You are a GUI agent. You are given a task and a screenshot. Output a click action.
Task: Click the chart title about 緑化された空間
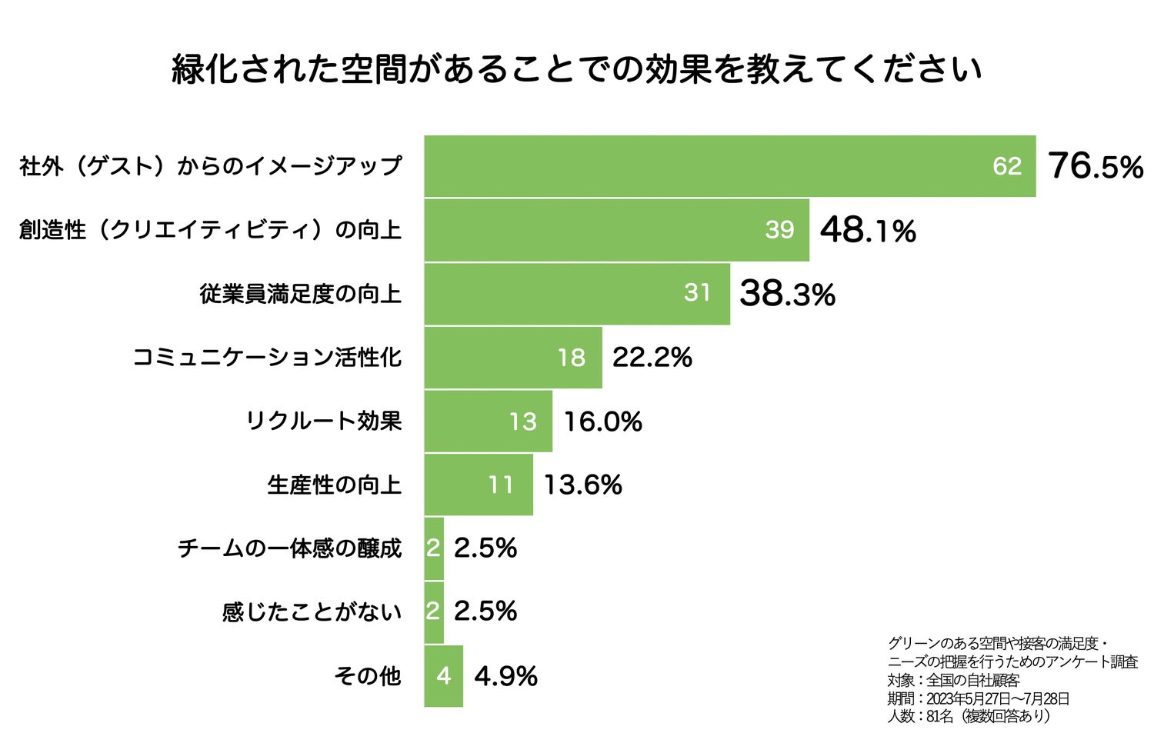577,69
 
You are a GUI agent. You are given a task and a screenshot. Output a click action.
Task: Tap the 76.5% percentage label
1095,166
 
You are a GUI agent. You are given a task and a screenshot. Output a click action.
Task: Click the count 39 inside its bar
779,230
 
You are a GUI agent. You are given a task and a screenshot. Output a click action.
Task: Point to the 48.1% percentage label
868,230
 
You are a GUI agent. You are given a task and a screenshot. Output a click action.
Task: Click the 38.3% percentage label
787,294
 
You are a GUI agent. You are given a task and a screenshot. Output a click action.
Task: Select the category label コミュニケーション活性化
267,358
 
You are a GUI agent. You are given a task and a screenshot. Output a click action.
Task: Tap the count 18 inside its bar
572,358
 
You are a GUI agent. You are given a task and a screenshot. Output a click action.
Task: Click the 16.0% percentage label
602,421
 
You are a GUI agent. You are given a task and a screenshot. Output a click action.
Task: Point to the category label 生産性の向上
334,485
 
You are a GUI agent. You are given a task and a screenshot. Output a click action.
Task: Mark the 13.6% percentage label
582,485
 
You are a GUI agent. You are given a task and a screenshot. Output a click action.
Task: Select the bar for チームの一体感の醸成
434,548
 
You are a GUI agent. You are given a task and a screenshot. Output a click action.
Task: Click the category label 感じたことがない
312,612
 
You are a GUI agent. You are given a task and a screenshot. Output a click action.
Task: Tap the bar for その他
443,676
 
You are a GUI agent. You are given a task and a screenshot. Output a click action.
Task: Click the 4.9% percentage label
505,676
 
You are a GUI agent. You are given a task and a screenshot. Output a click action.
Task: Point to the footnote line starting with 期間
978,698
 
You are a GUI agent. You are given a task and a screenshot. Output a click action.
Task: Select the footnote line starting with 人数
969,716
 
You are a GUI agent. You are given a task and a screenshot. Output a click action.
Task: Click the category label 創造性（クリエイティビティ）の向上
210,230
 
